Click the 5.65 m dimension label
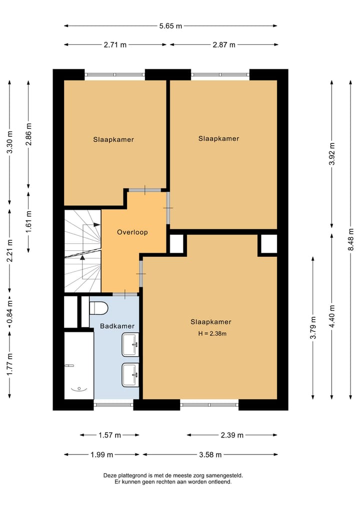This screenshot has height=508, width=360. (x=170, y=26)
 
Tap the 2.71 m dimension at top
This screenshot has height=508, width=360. (x=115, y=44)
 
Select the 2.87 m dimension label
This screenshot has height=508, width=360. (x=224, y=44)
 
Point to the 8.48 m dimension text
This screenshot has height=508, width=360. (x=351, y=240)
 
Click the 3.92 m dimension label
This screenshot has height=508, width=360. (x=332, y=154)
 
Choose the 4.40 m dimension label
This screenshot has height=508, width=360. (x=332, y=316)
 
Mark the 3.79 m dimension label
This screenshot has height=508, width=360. (x=313, y=328)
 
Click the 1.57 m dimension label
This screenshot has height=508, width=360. (x=110, y=435)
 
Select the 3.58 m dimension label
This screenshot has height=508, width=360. (x=210, y=455)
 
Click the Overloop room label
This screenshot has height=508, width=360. (x=132, y=232)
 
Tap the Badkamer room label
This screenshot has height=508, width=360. (x=117, y=326)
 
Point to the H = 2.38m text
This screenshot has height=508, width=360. (x=210, y=334)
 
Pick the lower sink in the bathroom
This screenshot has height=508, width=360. (x=130, y=374)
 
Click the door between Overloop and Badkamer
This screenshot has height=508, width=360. (x=121, y=293)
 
